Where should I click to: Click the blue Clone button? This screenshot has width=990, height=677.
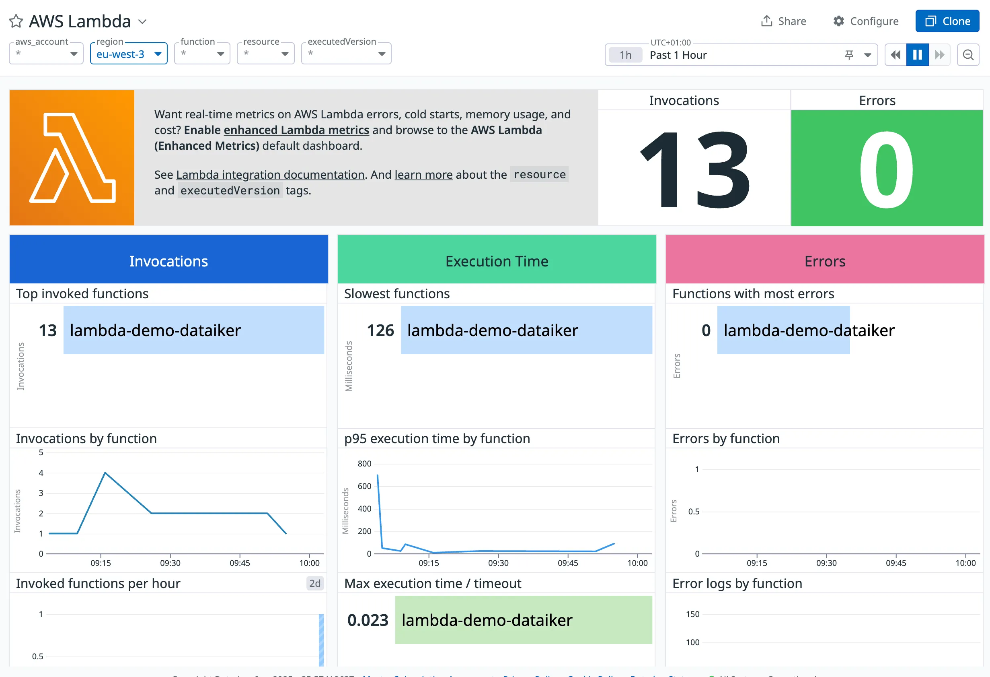[947, 21]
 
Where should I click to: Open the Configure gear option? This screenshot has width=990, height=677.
[866, 21]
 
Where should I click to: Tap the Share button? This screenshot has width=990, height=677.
[783, 21]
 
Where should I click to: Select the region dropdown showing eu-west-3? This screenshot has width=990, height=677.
[128, 54]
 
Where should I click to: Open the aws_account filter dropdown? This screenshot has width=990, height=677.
[46, 54]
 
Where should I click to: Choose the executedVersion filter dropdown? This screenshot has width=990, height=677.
[346, 54]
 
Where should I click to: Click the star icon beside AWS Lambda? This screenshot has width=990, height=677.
[16, 21]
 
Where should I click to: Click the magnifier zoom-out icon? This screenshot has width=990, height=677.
[968, 55]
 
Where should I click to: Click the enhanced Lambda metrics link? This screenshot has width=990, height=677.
[296, 130]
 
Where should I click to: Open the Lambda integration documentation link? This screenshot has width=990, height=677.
[270, 175]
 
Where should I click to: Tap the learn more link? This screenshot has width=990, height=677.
[423, 175]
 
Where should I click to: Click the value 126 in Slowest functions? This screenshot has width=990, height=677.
[380, 330]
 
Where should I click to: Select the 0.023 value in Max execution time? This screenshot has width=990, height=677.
[368, 620]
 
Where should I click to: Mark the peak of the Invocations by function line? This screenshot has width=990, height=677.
[105, 473]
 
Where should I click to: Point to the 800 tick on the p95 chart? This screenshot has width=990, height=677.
[364, 463]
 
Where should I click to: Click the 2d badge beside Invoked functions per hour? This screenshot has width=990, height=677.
[315, 583]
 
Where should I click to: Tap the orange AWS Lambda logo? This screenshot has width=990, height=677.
[72, 158]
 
